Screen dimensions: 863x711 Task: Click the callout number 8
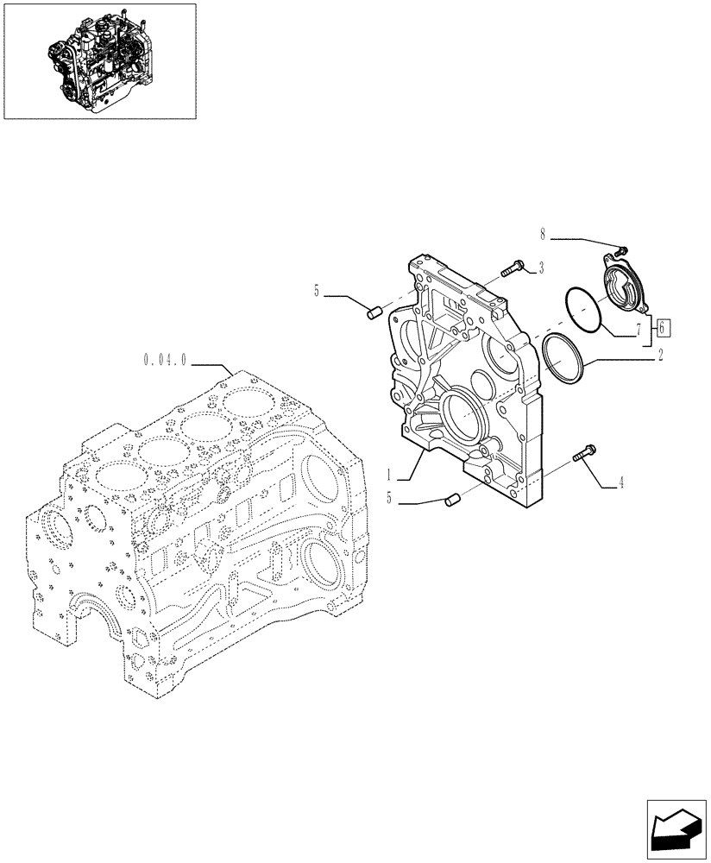point(544,234)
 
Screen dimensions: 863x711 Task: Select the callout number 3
point(540,268)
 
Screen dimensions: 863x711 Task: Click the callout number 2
point(660,355)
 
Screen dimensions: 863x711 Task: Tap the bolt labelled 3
point(513,270)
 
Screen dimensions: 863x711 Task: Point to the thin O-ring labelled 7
point(583,309)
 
